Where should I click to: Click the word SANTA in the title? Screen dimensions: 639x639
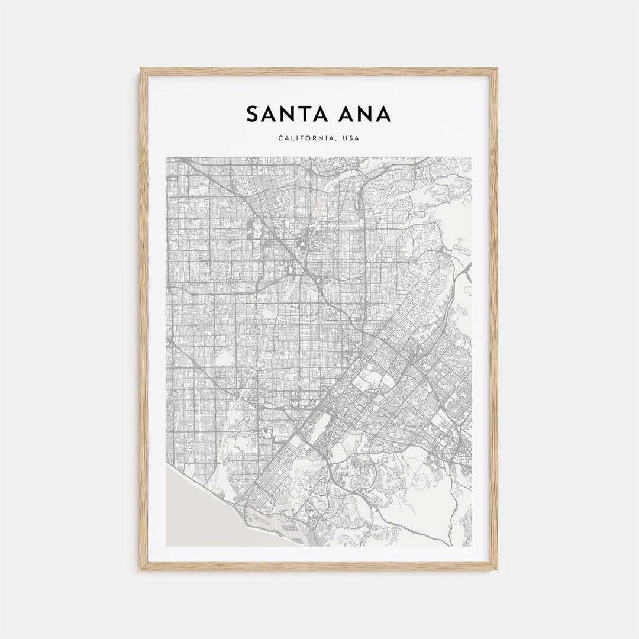(x=281, y=114)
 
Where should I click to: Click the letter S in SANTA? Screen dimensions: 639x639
(x=253, y=114)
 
